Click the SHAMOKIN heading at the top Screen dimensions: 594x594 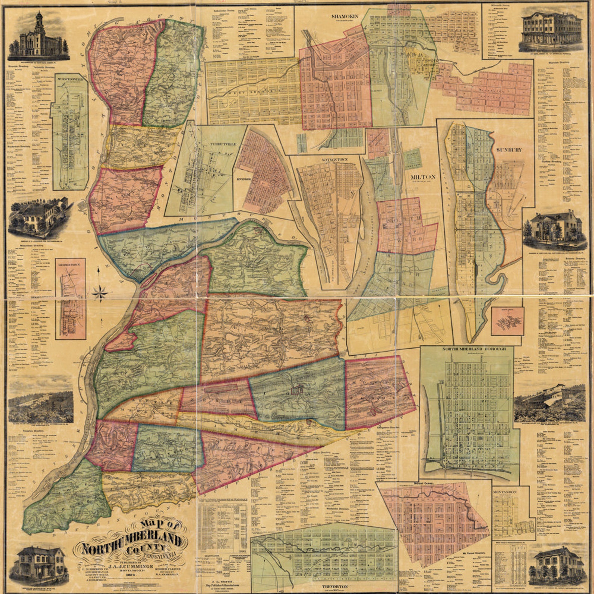point(345,16)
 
